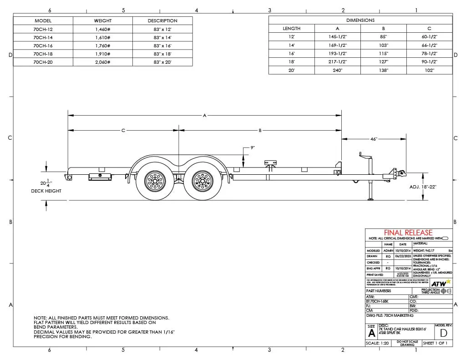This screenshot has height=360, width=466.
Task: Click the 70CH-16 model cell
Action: coord(43,46)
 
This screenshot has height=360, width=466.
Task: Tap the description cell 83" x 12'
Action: coord(162,29)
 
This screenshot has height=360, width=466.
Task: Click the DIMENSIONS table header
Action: coord(360,20)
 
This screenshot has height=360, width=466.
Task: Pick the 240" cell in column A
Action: coord(338,70)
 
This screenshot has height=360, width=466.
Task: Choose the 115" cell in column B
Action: coord(383,54)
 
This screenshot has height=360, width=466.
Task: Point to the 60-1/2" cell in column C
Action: coord(429,37)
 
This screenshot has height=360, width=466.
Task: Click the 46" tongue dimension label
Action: coord(374,139)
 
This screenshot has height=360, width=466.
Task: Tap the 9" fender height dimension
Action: coord(253,148)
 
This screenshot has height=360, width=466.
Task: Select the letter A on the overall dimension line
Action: coord(204,116)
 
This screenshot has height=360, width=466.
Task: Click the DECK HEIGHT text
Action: coord(49,191)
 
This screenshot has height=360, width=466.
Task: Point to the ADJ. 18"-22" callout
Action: coord(423,187)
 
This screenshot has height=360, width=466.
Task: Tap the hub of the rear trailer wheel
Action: coord(155,182)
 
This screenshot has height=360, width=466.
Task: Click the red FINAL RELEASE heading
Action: coord(408,233)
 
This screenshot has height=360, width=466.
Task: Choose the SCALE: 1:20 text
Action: coord(377,343)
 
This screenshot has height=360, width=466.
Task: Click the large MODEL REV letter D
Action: coord(443,332)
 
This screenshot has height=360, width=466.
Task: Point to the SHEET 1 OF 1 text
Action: coord(435,343)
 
